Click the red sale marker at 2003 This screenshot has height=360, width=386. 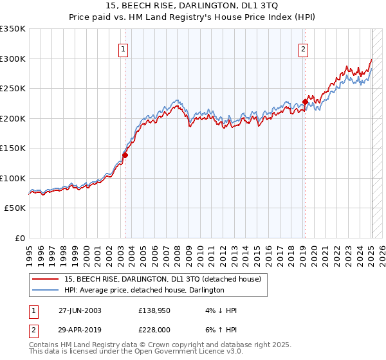(125, 154)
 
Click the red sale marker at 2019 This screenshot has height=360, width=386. (305, 101)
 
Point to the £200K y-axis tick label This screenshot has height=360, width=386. (13, 118)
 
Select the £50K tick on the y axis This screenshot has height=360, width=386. (15, 208)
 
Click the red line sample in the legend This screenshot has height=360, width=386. (46, 279)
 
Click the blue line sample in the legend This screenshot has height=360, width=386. (46, 291)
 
